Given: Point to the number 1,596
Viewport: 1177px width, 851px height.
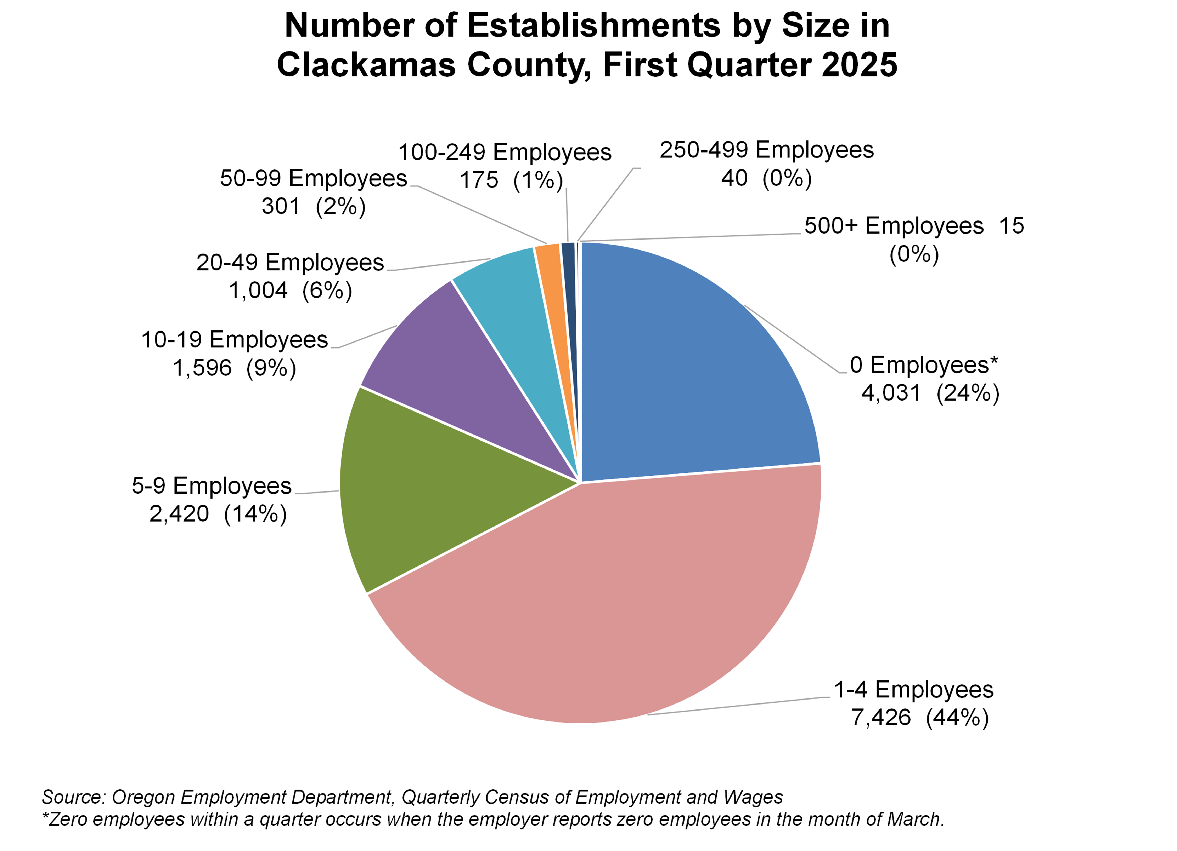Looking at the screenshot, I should tap(202, 368).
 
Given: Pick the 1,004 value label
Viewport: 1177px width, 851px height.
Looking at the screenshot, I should tap(258, 291).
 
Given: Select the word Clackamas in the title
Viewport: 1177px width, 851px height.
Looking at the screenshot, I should tap(366, 65).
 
